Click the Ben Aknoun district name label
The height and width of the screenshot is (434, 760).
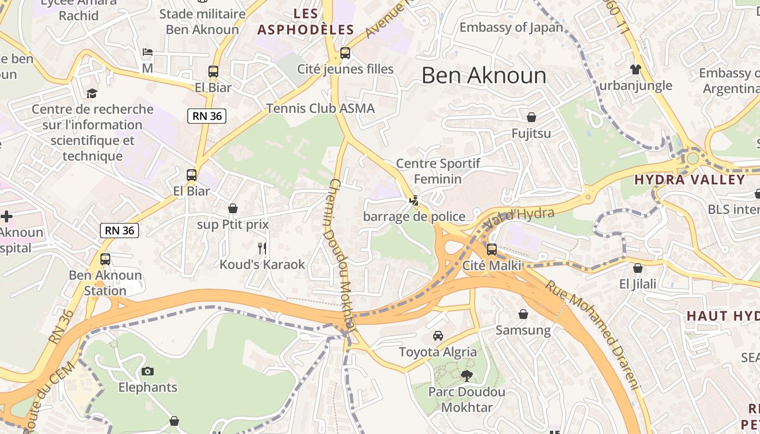[484, 75]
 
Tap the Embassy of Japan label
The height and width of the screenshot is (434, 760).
[511, 27]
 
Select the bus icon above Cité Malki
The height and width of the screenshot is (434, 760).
[492, 250]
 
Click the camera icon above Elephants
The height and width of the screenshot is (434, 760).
[148, 372]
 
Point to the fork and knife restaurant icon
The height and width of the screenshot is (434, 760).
[262, 248]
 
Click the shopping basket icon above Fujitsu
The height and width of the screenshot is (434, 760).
[531, 117]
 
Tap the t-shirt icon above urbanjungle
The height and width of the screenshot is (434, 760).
[636, 69]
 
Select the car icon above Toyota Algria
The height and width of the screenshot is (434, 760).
[438, 336]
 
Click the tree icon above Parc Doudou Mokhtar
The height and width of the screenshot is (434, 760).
[466, 375]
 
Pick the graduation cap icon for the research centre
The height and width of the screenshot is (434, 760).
[92, 93]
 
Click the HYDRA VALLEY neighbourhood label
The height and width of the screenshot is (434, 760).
[689, 180]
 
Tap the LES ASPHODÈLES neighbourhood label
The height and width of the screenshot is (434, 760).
[306, 22]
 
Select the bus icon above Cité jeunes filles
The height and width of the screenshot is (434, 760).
[345, 53]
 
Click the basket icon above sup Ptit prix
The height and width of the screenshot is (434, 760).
[233, 208]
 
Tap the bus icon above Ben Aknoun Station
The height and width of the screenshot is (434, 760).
[105, 259]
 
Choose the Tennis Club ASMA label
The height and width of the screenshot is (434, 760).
[320, 108]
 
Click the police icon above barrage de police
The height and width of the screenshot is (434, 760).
[414, 201]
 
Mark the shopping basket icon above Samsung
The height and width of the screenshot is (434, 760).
[523, 314]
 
